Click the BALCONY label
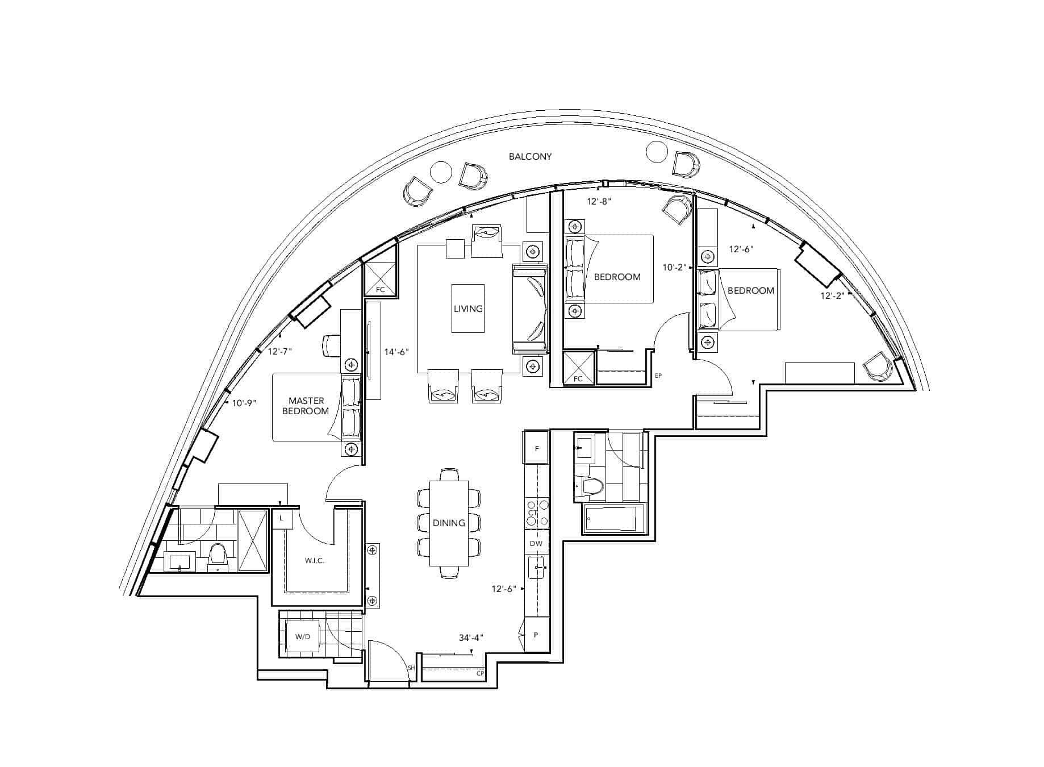coord(530,156)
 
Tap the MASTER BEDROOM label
coord(306,406)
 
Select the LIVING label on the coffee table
coord(468,309)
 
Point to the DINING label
coord(449,523)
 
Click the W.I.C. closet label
coord(314,561)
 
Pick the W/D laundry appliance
coord(303,637)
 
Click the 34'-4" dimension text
coord(471,637)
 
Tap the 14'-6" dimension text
coord(396,352)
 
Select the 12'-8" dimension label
coord(599,201)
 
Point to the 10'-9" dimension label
coord(244,402)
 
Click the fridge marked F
coord(536,448)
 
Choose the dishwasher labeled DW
coord(536,543)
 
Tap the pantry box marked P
coord(536,634)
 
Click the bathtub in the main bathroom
coord(615,518)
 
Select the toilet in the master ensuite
coord(217,557)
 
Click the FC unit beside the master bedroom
coord(380,278)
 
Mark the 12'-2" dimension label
coord(832,295)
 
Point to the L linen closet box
coord(281,519)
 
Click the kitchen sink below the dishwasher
coord(536,567)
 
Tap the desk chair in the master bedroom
coord(332,345)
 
